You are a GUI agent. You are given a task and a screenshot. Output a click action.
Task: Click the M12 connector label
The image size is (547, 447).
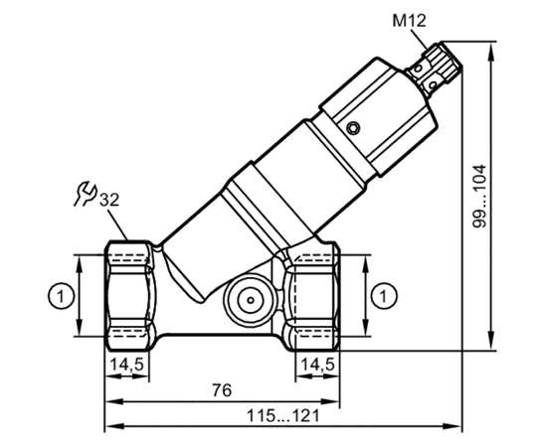click(x=409, y=21)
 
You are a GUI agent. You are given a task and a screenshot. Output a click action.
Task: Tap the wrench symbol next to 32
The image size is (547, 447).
click(x=85, y=194)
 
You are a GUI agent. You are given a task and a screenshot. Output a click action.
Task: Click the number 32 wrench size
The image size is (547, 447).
click(x=109, y=200)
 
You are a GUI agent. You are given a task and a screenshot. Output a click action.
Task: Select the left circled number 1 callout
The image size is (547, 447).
click(x=61, y=296)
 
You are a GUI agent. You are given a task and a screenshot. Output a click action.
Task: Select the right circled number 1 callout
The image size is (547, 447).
click(x=384, y=296)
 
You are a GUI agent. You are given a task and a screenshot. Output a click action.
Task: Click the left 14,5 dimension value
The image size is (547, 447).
click(x=126, y=365)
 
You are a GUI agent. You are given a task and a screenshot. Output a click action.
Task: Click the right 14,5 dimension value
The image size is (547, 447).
click(x=317, y=365)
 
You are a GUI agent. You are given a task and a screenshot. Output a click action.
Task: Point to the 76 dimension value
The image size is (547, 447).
click(x=222, y=390)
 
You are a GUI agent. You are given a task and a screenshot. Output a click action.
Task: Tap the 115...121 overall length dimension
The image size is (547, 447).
click(x=283, y=415)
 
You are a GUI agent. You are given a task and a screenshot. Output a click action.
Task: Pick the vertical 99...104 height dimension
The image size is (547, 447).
click(x=479, y=196)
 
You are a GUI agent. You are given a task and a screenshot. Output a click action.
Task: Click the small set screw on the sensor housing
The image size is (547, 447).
click(x=354, y=128)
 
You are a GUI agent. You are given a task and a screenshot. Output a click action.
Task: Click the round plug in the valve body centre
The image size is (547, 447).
click(x=250, y=300)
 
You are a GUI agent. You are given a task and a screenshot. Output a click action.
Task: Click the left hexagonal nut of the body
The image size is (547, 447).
click(x=129, y=295)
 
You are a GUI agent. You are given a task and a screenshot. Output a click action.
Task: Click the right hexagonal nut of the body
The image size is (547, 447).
click(x=312, y=296)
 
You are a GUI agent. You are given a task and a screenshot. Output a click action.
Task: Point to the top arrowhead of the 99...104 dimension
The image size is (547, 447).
click(x=491, y=53)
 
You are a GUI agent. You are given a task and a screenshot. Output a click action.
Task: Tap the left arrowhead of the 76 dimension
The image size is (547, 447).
click(x=115, y=401)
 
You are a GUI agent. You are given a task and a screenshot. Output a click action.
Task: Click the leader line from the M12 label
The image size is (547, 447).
click(x=419, y=39)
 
